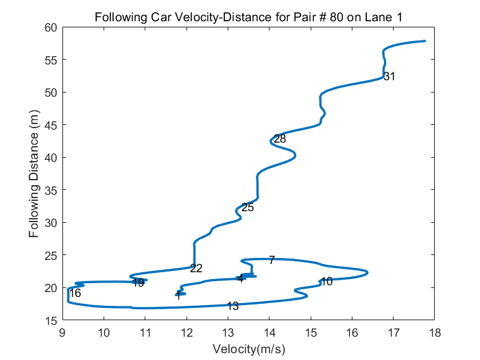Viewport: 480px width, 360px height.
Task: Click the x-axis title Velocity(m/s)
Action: click(x=248, y=349)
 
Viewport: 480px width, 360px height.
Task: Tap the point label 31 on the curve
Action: click(x=389, y=76)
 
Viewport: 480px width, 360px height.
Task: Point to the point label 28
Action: click(x=279, y=139)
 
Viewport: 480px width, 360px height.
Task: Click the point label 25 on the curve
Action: click(x=248, y=207)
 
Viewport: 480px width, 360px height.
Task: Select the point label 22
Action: click(x=196, y=268)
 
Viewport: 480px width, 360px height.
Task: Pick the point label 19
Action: click(x=138, y=283)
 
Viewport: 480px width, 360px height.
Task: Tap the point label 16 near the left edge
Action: click(x=75, y=293)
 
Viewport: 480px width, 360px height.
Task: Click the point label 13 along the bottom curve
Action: click(x=232, y=306)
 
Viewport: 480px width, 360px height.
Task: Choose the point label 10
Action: click(x=326, y=281)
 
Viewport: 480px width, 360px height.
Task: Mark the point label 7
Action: click(x=272, y=260)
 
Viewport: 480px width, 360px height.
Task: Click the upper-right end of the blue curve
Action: click(x=424, y=41)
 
